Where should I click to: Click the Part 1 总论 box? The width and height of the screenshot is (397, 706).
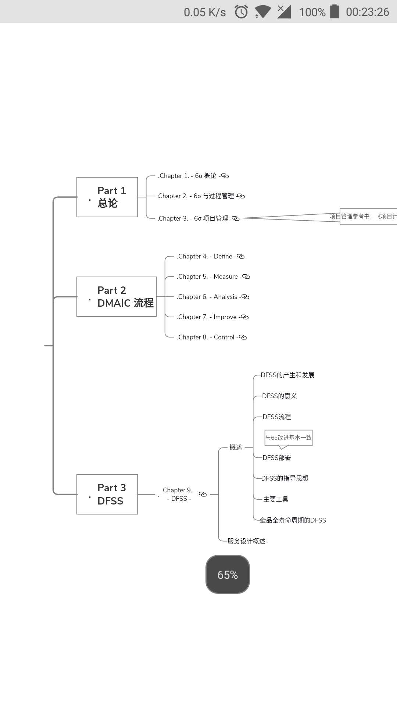[x=107, y=197]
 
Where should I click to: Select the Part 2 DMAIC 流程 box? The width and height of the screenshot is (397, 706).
[x=117, y=297]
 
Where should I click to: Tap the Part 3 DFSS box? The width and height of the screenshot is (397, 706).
[x=107, y=494]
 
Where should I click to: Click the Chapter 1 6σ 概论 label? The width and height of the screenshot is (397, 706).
[x=187, y=176]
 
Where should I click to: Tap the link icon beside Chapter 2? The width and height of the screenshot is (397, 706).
[x=241, y=196]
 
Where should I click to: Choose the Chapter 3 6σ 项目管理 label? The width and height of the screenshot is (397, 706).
[x=193, y=218]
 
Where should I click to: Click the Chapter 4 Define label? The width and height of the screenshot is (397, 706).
[x=205, y=256]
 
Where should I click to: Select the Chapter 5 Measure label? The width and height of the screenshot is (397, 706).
[x=208, y=277]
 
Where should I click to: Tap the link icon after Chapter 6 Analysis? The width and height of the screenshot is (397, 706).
[x=245, y=297]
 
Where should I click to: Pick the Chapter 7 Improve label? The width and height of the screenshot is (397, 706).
[x=207, y=317]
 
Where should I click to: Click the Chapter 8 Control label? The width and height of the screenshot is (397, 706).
[x=206, y=337]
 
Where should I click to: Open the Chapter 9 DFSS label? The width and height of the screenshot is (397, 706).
[x=178, y=494]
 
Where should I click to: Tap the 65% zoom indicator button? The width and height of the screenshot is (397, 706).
[x=228, y=574]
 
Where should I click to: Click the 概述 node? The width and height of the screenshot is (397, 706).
[x=236, y=448]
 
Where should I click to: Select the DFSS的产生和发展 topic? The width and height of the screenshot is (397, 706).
[x=287, y=375]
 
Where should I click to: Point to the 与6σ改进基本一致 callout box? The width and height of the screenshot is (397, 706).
[x=289, y=438]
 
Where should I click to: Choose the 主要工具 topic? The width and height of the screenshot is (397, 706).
[x=276, y=499]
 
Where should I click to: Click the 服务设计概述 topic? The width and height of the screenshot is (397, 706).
[x=246, y=541]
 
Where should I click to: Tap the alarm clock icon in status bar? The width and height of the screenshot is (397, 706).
[x=241, y=12]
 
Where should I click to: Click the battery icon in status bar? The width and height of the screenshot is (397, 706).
[x=335, y=11]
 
